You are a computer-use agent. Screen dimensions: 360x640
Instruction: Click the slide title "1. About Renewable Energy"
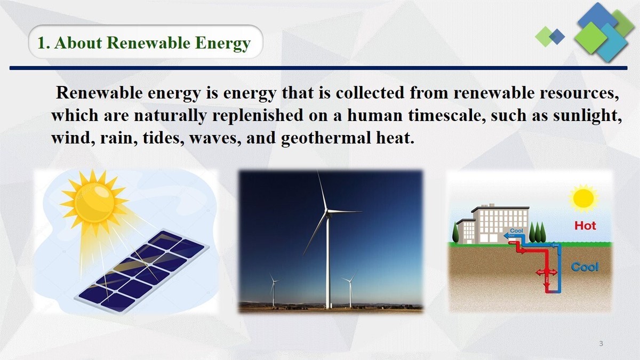(x=144, y=43)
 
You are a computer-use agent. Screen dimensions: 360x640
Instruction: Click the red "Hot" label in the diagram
(x=585, y=226)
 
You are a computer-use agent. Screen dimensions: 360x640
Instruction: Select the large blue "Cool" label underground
(x=585, y=267)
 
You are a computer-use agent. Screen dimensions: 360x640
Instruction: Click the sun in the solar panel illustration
(x=94, y=203)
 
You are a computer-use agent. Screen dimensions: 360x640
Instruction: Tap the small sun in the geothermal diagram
(x=583, y=198)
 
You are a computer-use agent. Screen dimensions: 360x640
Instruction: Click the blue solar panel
(x=141, y=269)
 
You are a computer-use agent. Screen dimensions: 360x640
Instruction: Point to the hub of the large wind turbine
(x=327, y=212)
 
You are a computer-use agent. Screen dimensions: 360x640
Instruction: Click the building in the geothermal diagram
(x=493, y=224)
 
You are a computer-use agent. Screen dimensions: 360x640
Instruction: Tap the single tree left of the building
(x=455, y=233)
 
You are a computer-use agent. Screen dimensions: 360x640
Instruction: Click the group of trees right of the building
(x=539, y=233)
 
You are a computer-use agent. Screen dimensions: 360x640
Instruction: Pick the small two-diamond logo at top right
(x=550, y=36)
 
